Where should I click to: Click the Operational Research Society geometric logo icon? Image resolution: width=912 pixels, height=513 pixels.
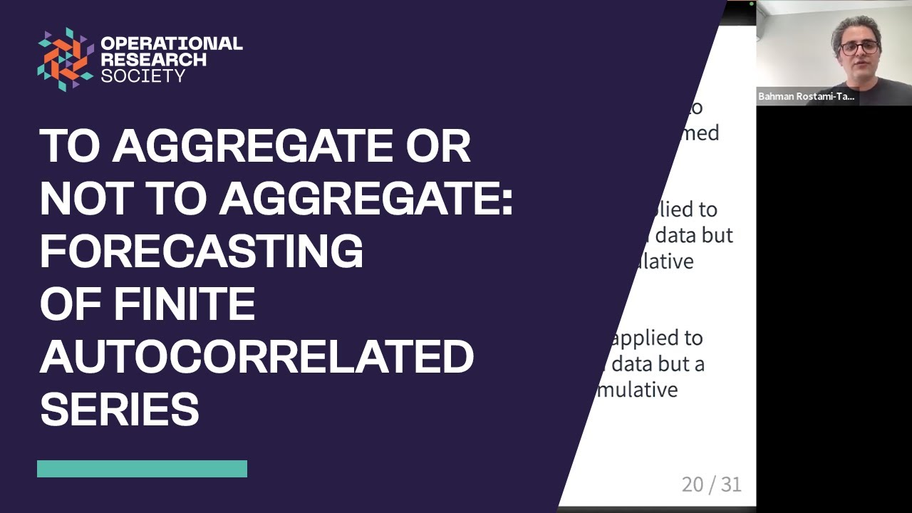click(x=66, y=59)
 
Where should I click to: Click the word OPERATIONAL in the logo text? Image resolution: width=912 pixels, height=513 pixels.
click(x=171, y=43)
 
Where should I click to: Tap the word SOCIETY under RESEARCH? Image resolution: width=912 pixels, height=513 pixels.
click(x=143, y=76)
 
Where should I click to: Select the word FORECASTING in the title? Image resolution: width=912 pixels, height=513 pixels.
click(x=202, y=251)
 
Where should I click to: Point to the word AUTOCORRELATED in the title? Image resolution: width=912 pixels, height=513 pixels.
click(x=256, y=356)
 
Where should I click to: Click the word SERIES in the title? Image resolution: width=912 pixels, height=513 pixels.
click(x=119, y=409)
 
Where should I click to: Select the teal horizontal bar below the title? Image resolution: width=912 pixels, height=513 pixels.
click(x=142, y=468)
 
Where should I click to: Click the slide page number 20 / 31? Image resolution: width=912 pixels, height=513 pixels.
click(x=711, y=484)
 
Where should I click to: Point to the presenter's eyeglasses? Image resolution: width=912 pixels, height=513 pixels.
click(x=859, y=48)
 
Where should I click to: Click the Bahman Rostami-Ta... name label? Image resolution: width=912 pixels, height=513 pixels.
click(x=807, y=97)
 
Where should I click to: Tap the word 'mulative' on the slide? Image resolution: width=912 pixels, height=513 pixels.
click(x=637, y=390)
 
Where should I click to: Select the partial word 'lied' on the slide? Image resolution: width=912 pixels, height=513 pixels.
click(x=672, y=209)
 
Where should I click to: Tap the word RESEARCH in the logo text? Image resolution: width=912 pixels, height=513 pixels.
click(x=153, y=59)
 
